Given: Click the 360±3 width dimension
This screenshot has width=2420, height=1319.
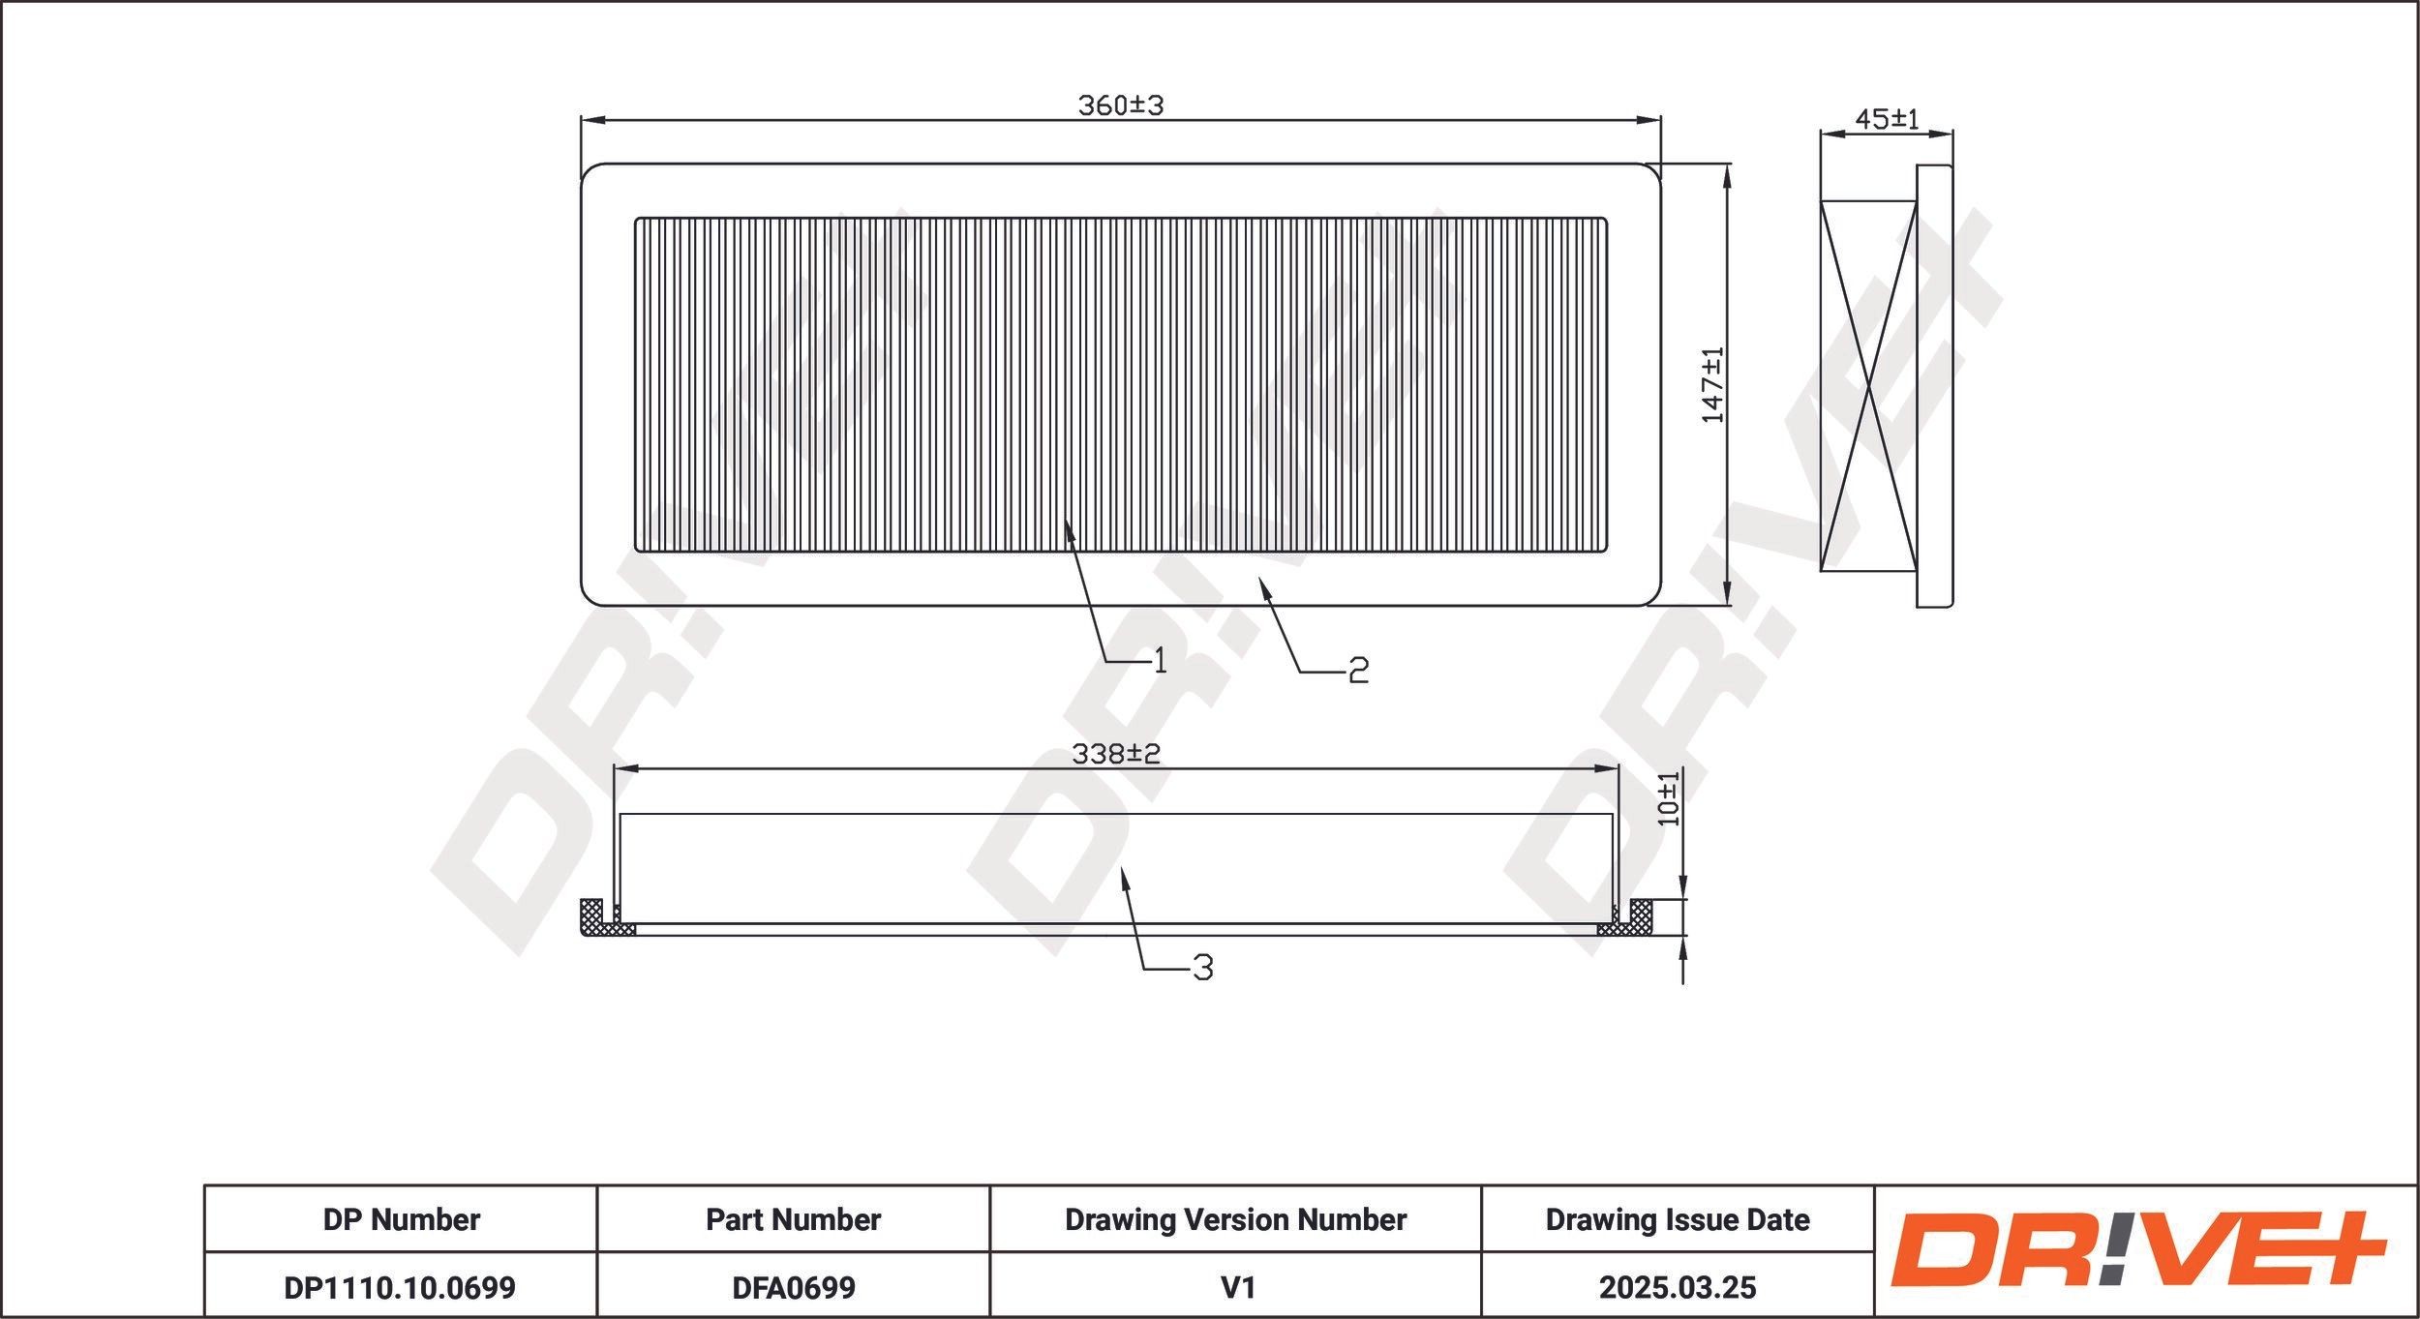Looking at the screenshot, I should [x=1120, y=105].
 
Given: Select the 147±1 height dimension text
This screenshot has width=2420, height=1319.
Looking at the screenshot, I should [x=1712, y=384].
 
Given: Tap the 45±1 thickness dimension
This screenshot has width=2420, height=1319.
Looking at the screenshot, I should [x=1886, y=119].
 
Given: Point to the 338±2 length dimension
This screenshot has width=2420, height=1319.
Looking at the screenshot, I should [x=1115, y=754].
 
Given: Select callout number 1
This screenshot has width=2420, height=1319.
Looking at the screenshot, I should [x=1159, y=660].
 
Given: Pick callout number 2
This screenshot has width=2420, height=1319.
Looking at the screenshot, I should [x=1358, y=670].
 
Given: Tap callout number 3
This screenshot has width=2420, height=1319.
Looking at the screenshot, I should [x=1202, y=967].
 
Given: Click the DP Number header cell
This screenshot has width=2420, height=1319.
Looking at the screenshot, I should [x=401, y=1219].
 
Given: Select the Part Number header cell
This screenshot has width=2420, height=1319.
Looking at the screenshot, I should [x=793, y=1219].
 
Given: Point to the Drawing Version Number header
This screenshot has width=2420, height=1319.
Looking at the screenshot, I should [x=1235, y=1219].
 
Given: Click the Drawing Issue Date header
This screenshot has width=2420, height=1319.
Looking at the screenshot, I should [x=1677, y=1219].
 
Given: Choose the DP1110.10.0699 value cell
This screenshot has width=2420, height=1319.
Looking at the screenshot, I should [x=400, y=1287].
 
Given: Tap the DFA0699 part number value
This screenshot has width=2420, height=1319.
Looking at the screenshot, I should [x=793, y=1287].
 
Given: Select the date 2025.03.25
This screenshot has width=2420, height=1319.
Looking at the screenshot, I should [x=1677, y=1287].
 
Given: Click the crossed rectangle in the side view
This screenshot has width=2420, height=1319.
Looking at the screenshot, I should [x=1867, y=386].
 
